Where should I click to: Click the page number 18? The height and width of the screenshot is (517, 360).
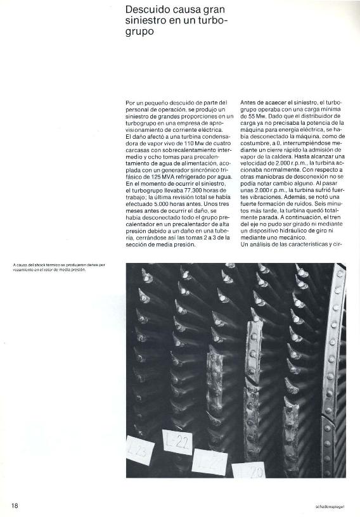(x=14, y=506)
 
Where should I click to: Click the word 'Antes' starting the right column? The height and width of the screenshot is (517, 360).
(x=250, y=101)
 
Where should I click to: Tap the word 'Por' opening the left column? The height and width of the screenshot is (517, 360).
(x=131, y=101)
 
